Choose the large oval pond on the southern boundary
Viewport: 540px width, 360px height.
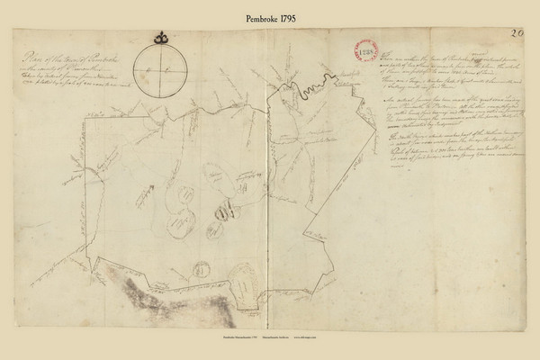pos(243,285)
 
